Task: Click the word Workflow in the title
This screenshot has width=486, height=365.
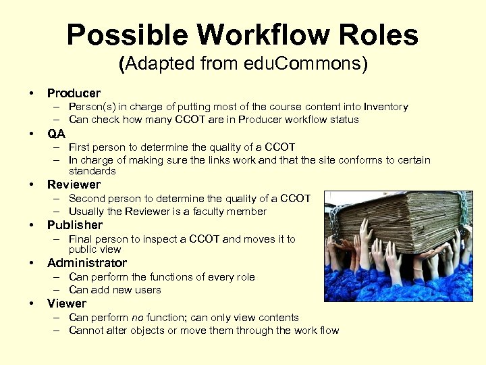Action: (x=259, y=35)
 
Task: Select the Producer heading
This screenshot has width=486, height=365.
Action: (x=74, y=93)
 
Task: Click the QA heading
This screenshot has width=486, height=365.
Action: (x=56, y=133)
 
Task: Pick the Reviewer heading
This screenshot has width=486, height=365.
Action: (x=74, y=184)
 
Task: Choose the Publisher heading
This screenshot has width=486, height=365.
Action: (x=75, y=224)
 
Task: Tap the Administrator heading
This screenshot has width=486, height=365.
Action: (x=87, y=262)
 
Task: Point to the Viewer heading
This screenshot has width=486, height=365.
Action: (x=67, y=303)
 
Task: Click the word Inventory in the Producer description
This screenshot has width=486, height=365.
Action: (x=385, y=106)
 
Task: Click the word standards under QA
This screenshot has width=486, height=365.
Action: (x=92, y=171)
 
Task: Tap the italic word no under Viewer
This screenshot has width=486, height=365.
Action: (x=138, y=317)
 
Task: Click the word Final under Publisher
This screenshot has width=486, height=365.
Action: (x=80, y=239)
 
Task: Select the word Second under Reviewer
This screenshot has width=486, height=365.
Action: (x=87, y=198)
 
